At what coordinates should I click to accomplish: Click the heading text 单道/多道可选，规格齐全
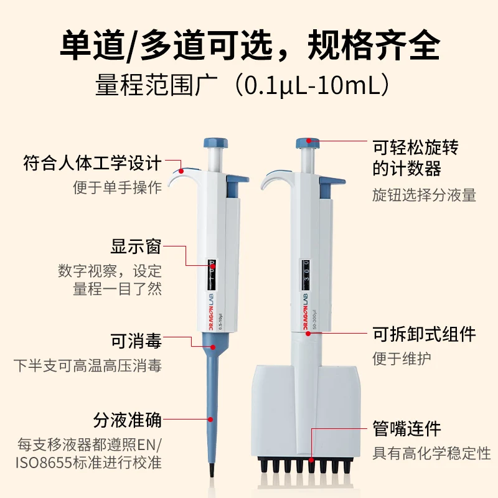coord(250,45)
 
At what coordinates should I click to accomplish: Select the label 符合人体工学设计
coord(92,163)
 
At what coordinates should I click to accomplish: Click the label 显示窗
coord(136,246)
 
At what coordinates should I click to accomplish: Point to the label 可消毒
coord(136,341)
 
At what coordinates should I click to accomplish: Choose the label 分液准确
coord(128,420)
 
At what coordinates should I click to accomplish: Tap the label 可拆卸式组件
coord(424,334)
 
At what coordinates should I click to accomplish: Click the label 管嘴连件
coord(407,429)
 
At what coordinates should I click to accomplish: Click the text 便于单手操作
coord(117,187)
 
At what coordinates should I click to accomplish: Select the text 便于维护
coord(402,359)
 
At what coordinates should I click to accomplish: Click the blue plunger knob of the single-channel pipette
coord(216,143)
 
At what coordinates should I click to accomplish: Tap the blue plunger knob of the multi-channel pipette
coord(308,143)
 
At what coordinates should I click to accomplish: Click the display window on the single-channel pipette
coord(212,275)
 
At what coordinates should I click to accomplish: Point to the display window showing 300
coord(306,275)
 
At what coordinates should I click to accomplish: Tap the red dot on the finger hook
coord(181,171)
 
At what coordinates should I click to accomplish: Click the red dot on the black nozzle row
coord(311,460)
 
